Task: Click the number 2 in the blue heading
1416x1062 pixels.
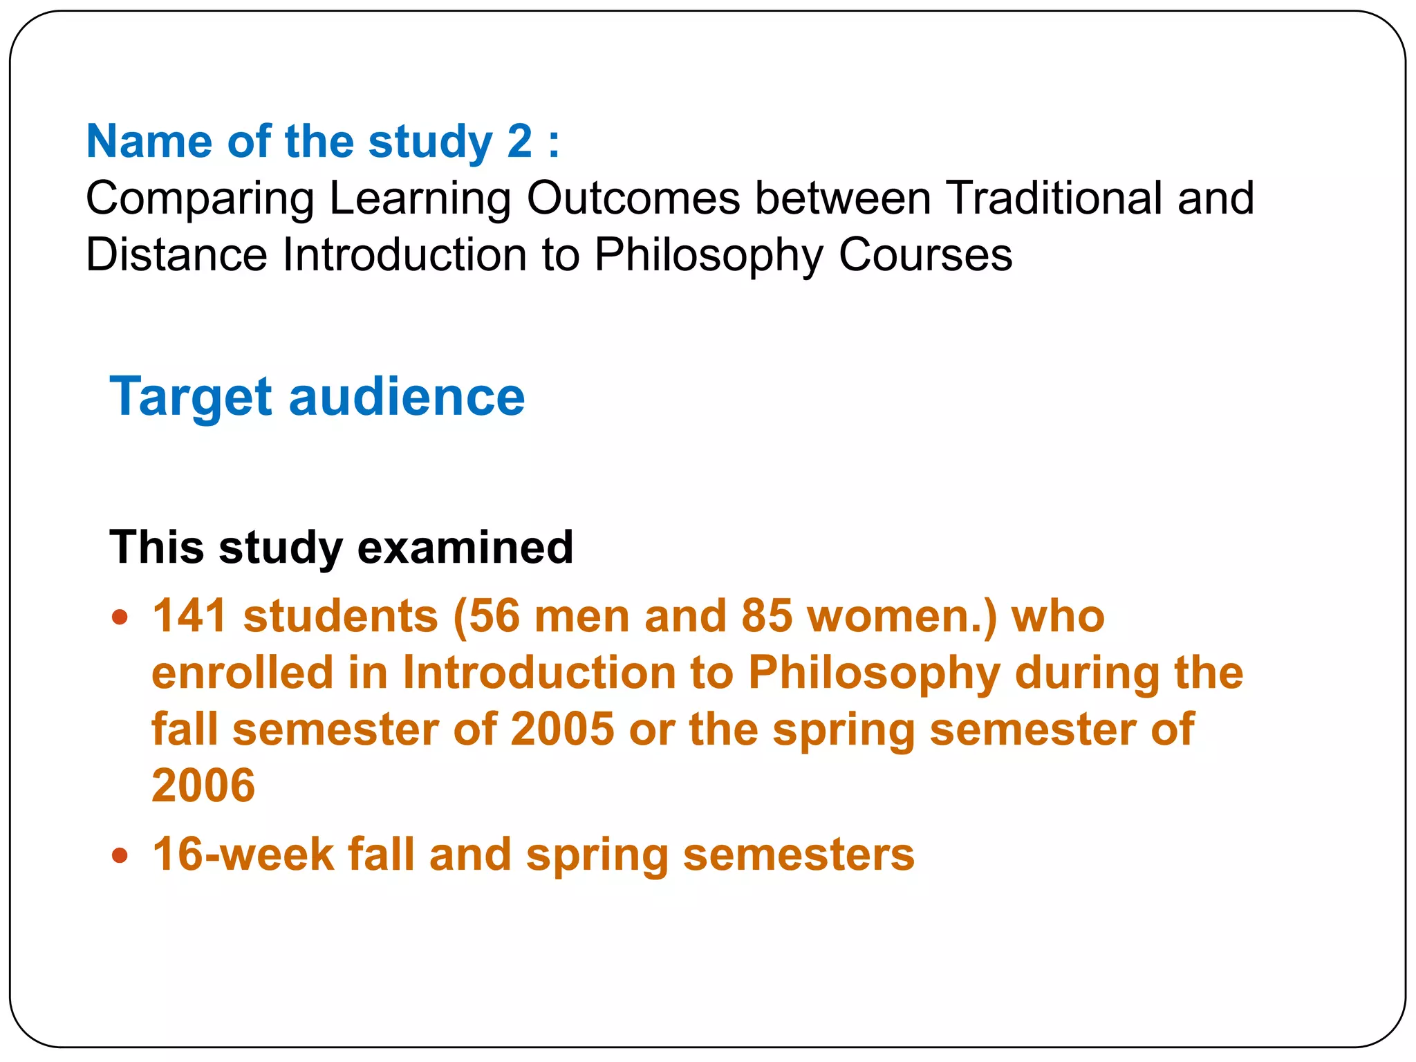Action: tap(520, 142)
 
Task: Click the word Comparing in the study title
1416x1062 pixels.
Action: tap(200, 199)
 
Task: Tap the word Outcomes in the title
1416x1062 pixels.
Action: tap(633, 198)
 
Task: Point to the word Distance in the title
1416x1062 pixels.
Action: tap(176, 255)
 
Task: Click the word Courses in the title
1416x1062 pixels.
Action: tap(925, 255)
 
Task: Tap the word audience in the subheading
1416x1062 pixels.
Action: tap(407, 398)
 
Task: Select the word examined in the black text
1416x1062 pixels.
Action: tap(465, 548)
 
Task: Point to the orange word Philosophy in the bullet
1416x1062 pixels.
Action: tap(874, 674)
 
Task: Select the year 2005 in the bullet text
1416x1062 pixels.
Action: tap(562, 729)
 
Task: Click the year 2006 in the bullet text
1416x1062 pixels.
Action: tap(203, 786)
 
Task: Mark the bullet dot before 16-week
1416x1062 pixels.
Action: tap(120, 856)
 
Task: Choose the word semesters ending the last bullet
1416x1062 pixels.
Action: tap(799, 855)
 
